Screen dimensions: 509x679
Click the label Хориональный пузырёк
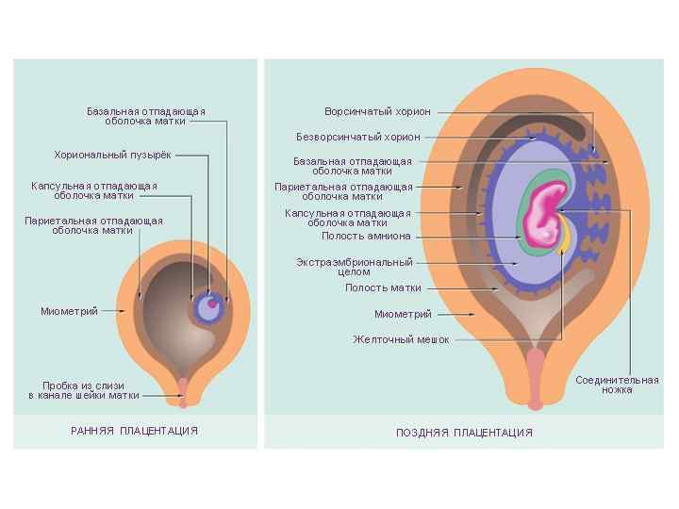point(113,154)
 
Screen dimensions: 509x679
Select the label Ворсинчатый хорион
point(377,111)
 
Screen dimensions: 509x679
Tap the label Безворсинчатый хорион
point(358,137)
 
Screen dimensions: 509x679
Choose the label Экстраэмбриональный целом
point(354,266)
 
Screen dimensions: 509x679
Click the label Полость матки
point(383,287)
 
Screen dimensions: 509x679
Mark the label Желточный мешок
point(401,338)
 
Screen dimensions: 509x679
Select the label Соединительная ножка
point(617,385)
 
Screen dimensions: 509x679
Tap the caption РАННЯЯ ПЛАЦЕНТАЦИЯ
point(135,431)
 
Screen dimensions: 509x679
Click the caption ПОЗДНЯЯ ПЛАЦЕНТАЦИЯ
point(464,433)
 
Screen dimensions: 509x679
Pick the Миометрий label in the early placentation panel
point(69,311)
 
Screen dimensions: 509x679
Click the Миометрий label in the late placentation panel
point(403,314)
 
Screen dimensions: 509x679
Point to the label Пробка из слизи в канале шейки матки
point(84,390)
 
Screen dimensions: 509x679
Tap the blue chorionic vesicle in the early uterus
point(208,307)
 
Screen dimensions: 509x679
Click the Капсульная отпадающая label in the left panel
point(93,190)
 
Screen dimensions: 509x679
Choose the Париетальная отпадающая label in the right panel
point(343,191)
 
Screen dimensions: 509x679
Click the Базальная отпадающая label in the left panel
point(146,116)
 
